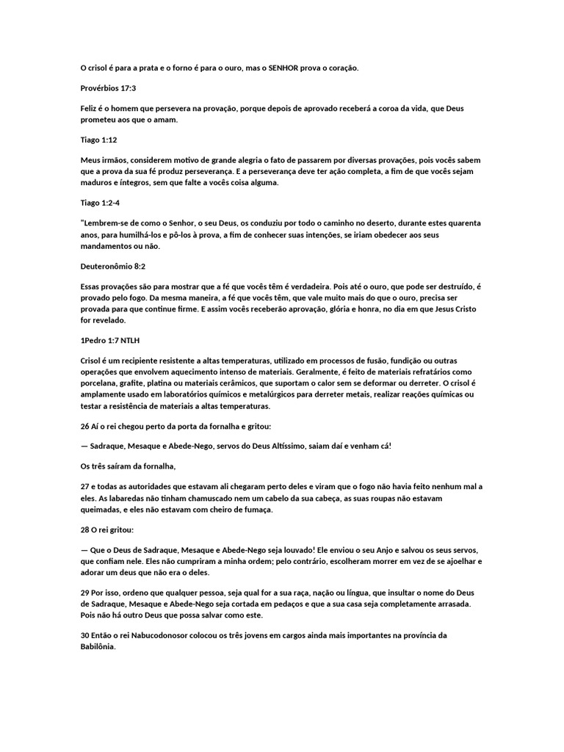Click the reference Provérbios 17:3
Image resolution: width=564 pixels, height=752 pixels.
click(108, 88)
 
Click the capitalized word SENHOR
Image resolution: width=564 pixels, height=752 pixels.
click(285, 68)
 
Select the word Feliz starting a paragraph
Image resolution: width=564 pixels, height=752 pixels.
click(90, 109)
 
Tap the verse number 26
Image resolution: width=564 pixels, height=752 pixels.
click(85, 426)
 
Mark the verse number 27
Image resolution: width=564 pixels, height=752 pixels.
click(85, 487)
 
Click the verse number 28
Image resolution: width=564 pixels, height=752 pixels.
click(85, 530)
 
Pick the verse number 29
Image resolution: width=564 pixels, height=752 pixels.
click(85, 593)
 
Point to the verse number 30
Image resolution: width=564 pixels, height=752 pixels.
click(85, 636)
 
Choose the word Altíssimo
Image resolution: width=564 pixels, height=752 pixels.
click(314, 446)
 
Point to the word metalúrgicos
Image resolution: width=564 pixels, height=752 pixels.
click(270, 395)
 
